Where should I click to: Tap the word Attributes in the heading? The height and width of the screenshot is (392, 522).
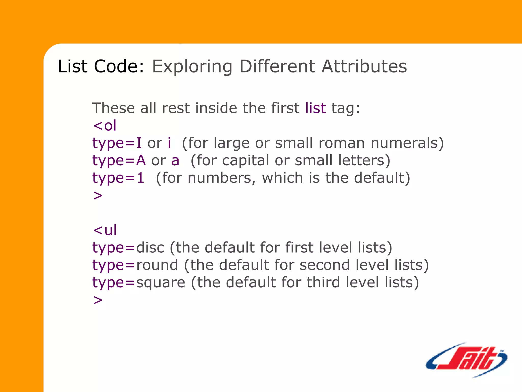(364, 66)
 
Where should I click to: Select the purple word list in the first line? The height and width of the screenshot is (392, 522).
(316, 108)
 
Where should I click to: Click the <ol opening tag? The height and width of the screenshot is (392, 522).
(105, 126)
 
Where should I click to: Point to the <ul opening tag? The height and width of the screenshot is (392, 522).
(105, 230)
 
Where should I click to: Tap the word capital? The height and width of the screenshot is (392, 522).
(245, 161)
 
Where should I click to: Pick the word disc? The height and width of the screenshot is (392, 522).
(150, 248)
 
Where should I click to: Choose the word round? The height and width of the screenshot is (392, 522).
(157, 265)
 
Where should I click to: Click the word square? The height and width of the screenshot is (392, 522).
(161, 283)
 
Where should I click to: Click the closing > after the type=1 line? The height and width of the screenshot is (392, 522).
(98, 196)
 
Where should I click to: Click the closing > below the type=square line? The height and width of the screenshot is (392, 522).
(98, 300)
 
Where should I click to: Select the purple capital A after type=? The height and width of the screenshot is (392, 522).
(141, 161)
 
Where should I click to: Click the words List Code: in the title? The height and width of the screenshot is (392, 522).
(101, 66)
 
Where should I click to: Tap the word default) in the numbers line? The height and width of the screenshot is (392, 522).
(382, 178)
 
